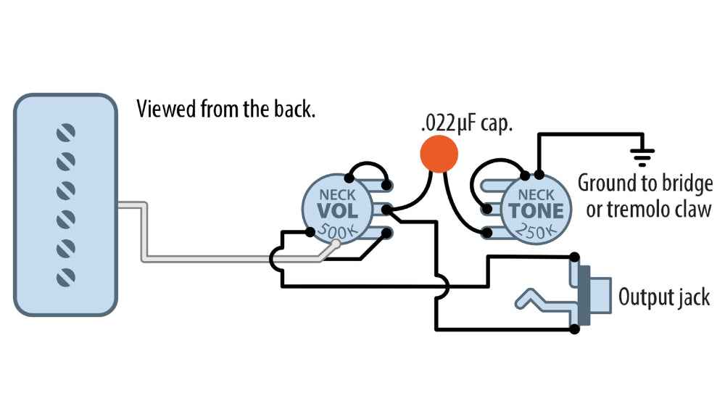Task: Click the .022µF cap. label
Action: [467, 123]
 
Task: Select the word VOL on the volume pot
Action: [337, 211]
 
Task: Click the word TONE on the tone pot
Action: [536, 211]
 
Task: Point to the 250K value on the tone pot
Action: [535, 231]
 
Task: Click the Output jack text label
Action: [663, 297]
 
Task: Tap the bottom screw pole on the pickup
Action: [66, 276]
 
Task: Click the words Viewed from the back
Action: [226, 110]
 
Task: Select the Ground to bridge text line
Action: [645, 183]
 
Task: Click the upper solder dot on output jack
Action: [575, 257]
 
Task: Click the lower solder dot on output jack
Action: [575, 329]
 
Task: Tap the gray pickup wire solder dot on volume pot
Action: [335, 245]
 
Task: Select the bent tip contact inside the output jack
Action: [536, 298]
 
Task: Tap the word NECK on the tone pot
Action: [536, 194]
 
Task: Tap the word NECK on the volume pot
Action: [337, 194]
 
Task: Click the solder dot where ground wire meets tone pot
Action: [538, 174]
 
